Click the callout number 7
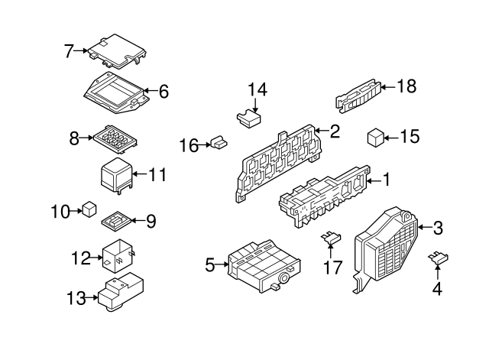[x=69, y=51]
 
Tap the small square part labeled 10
[x=90, y=209]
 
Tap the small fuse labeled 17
[x=332, y=240]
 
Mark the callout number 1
[x=386, y=180]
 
